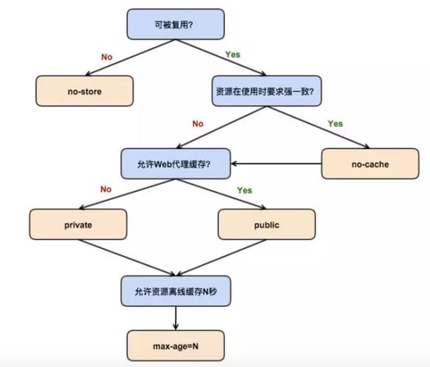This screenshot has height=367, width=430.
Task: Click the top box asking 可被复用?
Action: coord(176,24)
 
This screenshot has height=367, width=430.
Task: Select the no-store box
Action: coord(85,91)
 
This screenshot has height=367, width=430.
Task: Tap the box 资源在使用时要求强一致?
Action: coord(267,91)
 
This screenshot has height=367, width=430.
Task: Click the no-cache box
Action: coord(370,164)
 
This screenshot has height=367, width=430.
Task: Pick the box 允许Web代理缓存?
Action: coord(176,164)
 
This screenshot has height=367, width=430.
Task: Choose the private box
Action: coord(78,225)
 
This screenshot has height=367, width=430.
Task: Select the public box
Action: coord(267,225)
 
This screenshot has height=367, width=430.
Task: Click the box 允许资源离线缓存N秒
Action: coord(176,291)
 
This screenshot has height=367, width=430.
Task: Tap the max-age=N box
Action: coord(176,346)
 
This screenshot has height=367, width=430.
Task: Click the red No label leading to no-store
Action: coord(107,57)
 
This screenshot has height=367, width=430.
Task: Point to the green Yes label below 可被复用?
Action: coord(233,54)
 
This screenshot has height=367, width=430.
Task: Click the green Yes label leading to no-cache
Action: coord(335,123)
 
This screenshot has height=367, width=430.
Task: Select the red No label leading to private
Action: coord(106,189)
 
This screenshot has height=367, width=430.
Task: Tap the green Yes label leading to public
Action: coord(245,190)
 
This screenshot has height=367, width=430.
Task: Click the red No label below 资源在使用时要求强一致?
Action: coord(198,123)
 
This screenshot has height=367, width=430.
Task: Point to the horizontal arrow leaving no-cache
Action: coord(276,164)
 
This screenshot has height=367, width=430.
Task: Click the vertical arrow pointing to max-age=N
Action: coord(176,319)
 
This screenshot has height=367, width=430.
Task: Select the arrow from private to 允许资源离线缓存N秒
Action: coord(127,258)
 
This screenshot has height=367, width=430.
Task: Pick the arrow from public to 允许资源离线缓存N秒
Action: coord(221,258)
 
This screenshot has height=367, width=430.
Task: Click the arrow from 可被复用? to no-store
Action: coord(130,57)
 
